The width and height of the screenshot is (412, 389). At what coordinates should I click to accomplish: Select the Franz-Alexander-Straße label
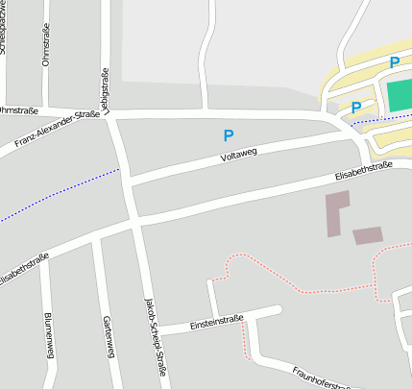tap(59, 131)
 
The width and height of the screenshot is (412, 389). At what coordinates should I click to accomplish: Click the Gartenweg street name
tap(108, 337)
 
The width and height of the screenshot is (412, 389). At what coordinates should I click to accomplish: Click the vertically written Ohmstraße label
tap(46, 45)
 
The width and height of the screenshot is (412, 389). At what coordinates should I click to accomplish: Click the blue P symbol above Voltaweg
tap(228, 136)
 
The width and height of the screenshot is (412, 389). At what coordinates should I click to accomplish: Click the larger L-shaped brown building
tap(335, 212)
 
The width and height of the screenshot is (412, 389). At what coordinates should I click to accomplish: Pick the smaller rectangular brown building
tap(368, 235)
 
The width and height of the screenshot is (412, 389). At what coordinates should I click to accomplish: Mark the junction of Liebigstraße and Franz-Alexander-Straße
tap(112, 115)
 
